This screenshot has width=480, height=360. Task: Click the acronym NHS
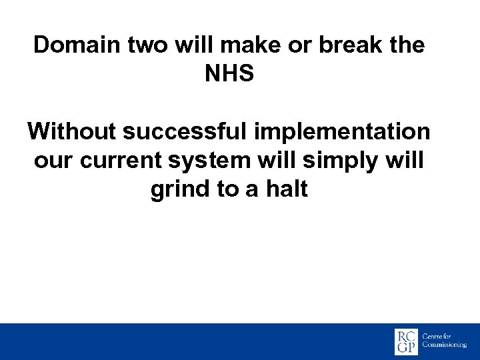point(229,74)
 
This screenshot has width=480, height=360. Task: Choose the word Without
point(72,132)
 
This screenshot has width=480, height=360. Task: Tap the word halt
point(286,190)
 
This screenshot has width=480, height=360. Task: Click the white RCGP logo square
point(407,342)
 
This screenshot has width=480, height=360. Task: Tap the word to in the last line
point(227,190)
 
